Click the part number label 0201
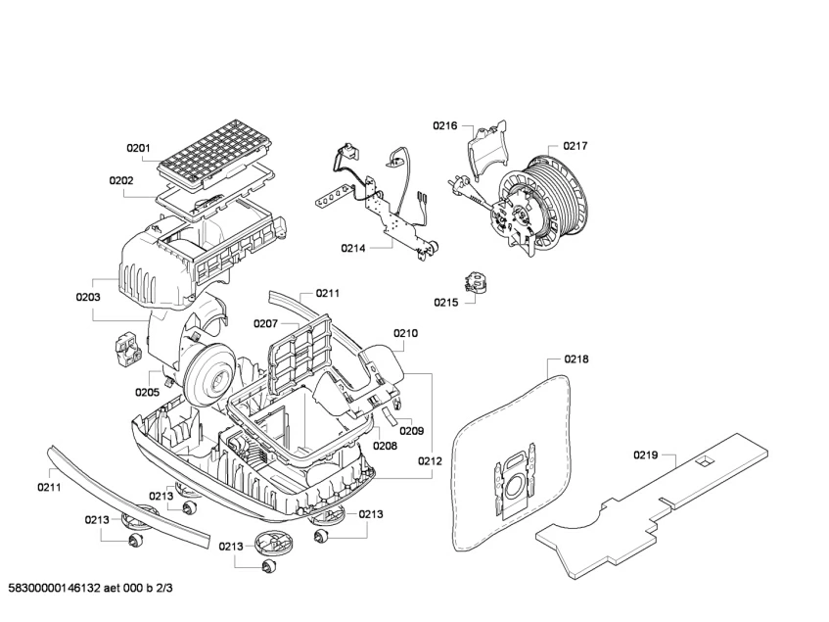(x=138, y=149)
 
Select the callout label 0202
(x=121, y=180)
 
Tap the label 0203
(x=88, y=296)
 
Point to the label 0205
(x=147, y=392)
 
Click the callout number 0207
(x=265, y=323)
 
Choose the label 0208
(x=385, y=446)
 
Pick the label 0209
(x=411, y=430)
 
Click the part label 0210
(x=406, y=333)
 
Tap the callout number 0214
(x=353, y=249)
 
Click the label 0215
(x=446, y=303)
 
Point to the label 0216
(x=446, y=125)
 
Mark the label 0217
(x=575, y=146)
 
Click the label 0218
(x=576, y=359)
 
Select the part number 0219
(x=646, y=455)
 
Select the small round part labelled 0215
(x=478, y=284)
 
